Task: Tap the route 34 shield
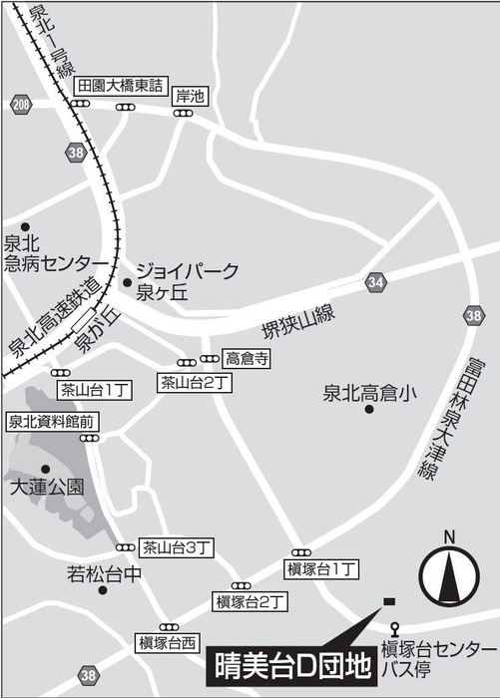point(374,282)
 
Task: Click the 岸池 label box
point(190,97)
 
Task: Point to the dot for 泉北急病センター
point(26,227)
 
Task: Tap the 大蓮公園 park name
point(46,489)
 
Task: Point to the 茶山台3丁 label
point(175,546)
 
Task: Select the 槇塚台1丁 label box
point(319,568)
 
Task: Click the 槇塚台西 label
point(167,642)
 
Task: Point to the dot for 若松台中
point(103,589)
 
